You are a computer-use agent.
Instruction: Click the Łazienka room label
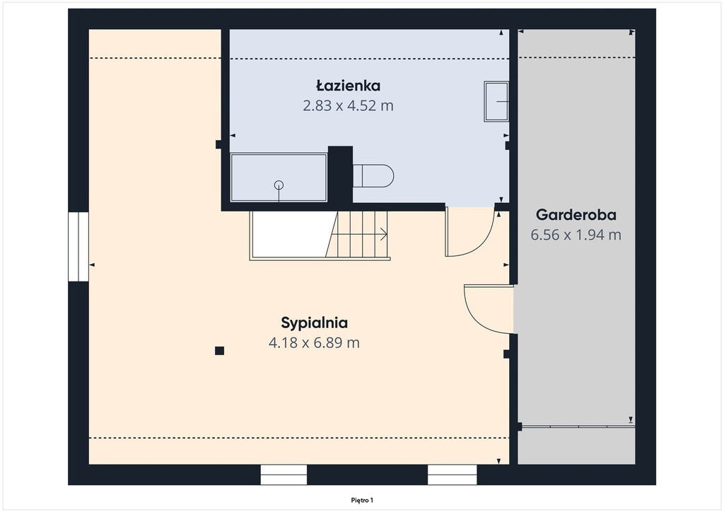coord(348,86)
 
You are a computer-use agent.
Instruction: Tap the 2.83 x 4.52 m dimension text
coord(348,106)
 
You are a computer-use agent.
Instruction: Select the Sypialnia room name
coord(315,323)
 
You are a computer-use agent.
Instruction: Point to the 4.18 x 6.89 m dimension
coord(314,343)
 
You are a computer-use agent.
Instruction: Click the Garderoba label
coord(576,215)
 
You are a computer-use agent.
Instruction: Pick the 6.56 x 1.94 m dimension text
coord(576,235)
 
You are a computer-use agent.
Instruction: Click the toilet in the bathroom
coord(373,176)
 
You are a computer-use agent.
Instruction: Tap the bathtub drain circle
coord(279,185)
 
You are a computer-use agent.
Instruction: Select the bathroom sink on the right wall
coord(496,102)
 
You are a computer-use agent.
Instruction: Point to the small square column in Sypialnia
coord(220,351)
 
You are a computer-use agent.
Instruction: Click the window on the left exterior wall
coord(78,247)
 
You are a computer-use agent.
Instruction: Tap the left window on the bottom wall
coord(284,475)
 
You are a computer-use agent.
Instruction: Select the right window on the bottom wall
coord(452,475)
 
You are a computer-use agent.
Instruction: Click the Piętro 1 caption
coord(362,500)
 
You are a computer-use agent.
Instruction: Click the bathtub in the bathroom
coord(279,178)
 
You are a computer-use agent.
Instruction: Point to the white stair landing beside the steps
coord(292,234)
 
